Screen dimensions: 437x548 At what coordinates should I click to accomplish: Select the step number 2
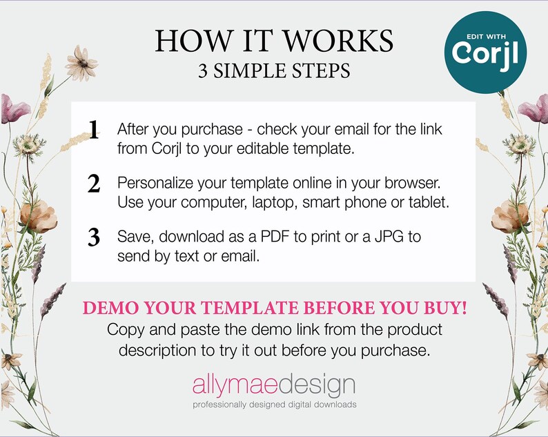pyautogui.click(x=94, y=184)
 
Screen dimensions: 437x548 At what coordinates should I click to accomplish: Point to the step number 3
pyautogui.click(x=94, y=237)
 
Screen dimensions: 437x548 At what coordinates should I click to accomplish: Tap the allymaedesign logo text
pyautogui.click(x=274, y=385)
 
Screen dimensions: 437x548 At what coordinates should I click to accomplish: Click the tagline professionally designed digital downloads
pyautogui.click(x=274, y=404)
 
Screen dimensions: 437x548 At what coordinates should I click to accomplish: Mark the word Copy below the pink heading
pyautogui.click(x=125, y=329)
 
